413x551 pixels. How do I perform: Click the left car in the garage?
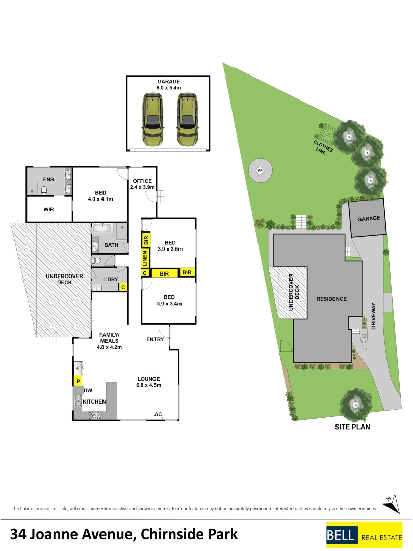click(151, 120)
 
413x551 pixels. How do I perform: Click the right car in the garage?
click(187, 120)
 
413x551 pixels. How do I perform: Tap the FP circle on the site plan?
click(260, 171)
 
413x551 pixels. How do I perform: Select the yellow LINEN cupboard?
click(145, 258)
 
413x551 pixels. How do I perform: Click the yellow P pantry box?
click(78, 381)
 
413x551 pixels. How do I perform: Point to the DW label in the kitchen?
click(88, 390)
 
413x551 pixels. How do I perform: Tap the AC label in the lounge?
click(158, 414)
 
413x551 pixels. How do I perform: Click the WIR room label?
click(49, 209)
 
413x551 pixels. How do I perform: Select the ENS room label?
click(48, 180)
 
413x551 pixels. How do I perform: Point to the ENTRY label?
click(154, 339)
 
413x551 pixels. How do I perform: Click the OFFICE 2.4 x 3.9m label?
click(142, 184)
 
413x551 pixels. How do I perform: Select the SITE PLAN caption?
click(352, 427)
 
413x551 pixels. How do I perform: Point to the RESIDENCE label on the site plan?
click(331, 299)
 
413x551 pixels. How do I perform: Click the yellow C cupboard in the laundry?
click(123, 287)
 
